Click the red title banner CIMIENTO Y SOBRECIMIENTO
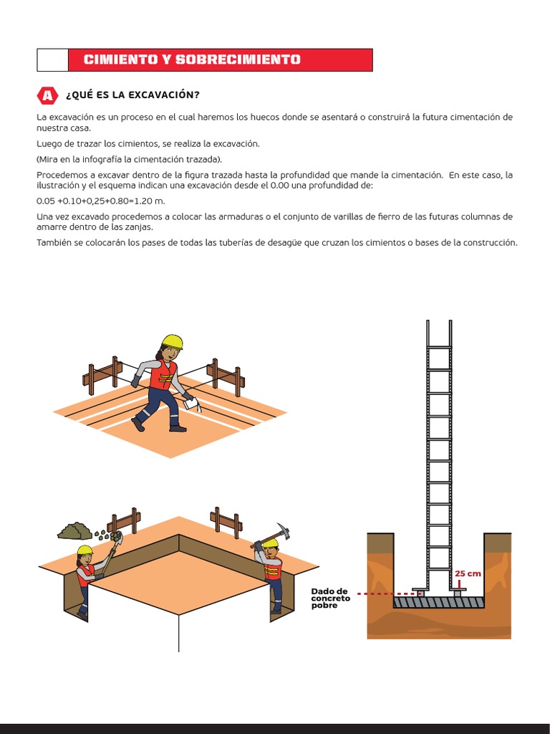pyautogui.click(x=220, y=59)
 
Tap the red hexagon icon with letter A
pyautogui.click(x=47, y=95)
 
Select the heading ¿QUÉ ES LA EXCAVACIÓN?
pyautogui.click(x=132, y=95)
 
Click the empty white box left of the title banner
pyautogui.click(x=52, y=59)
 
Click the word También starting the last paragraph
pyautogui.click(x=54, y=243)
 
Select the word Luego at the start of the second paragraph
pyautogui.click(x=49, y=143)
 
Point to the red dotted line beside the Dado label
pyautogui.click(x=387, y=594)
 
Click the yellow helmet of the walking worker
pyautogui.click(x=172, y=340)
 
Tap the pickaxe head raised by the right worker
pyautogui.click(x=285, y=531)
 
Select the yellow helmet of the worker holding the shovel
pyautogui.click(x=85, y=550)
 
